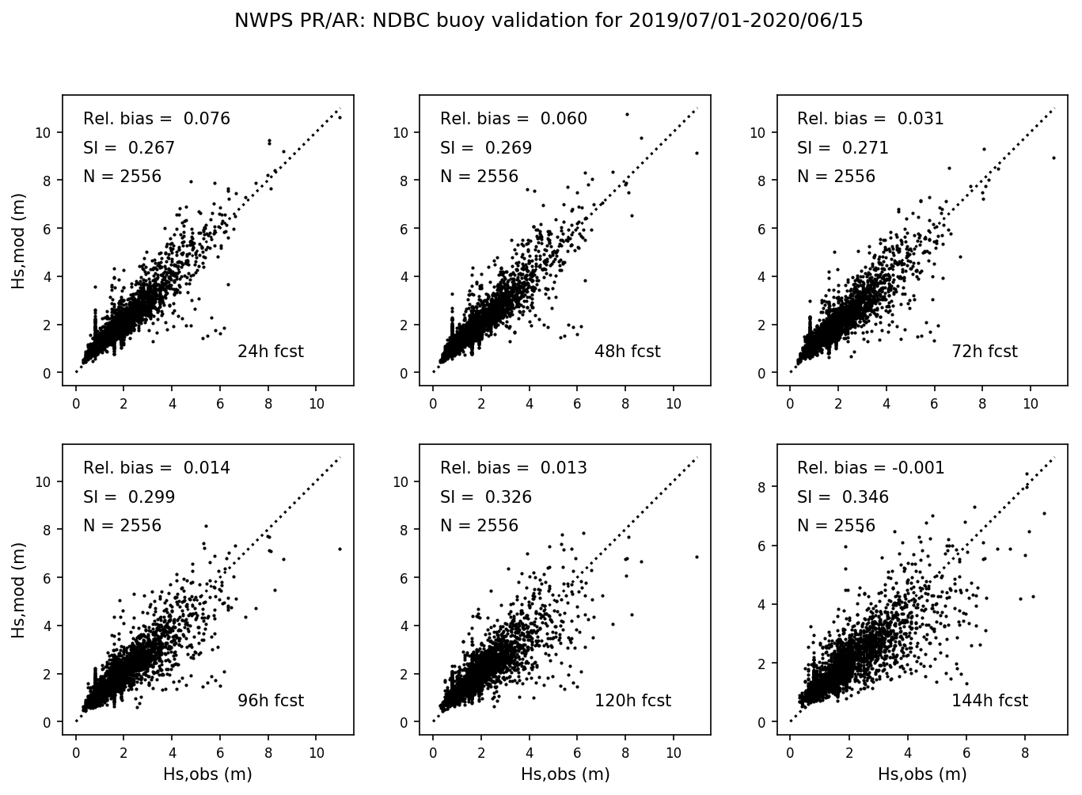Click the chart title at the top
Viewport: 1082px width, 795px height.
[548, 21]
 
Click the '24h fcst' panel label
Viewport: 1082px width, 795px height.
[271, 352]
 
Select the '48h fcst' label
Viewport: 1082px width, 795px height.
[627, 352]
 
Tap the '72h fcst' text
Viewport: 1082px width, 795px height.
[985, 352]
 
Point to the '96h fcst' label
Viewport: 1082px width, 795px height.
[271, 701]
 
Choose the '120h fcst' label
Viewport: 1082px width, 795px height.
[632, 701]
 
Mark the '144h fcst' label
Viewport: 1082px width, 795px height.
[989, 701]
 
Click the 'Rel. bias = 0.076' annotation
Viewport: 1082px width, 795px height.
[157, 119]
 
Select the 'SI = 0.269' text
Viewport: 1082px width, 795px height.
[486, 148]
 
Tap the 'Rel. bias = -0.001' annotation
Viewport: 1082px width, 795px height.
[871, 468]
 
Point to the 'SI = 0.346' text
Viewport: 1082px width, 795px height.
[843, 497]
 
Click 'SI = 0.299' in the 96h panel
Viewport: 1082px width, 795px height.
[129, 497]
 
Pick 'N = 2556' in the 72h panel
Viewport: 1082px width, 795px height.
[836, 177]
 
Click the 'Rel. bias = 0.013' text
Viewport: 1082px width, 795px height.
[514, 468]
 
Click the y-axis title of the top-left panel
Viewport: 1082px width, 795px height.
[18, 240]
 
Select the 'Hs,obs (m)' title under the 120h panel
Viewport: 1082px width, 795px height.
[565, 774]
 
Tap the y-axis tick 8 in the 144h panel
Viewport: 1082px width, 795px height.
[761, 487]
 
